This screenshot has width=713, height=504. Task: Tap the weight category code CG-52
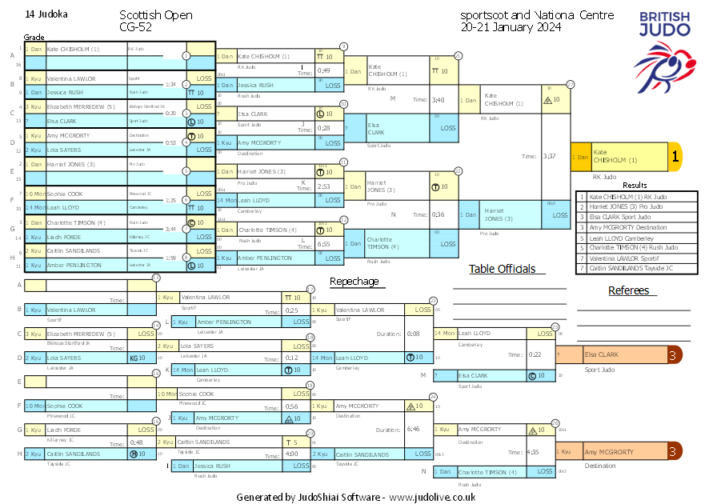point(136,26)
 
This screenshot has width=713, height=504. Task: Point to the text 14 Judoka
point(46,14)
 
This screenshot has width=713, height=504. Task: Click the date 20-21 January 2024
point(511,26)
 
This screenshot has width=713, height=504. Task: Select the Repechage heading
point(354,281)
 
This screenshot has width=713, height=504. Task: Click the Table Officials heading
point(502,269)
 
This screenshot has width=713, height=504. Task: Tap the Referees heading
point(628,290)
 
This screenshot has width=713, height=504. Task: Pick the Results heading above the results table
point(635,185)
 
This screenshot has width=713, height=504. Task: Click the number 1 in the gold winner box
point(675,158)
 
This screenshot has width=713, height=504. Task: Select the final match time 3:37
point(549,156)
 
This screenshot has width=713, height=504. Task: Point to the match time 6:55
point(323,244)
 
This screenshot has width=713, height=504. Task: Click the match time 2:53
point(323,186)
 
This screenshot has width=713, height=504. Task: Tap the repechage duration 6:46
point(413,430)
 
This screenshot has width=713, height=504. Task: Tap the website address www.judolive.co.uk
point(432,497)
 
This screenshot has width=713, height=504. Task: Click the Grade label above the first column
point(34,38)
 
